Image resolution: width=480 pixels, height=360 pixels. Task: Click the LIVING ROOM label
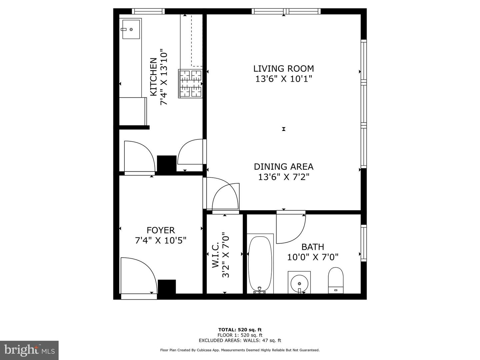click(283, 69)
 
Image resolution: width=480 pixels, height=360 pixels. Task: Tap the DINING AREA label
click(283, 167)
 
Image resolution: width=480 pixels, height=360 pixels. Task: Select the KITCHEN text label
click(153, 77)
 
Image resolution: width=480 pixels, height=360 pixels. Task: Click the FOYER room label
click(161, 230)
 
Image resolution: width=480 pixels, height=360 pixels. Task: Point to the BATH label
click(313, 247)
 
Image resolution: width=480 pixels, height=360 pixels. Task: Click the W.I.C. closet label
click(215, 255)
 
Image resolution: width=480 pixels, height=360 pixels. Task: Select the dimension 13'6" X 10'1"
click(284, 79)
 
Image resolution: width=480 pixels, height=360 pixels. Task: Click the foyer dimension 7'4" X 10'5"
click(161, 240)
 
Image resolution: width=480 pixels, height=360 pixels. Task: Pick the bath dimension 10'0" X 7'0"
click(313, 257)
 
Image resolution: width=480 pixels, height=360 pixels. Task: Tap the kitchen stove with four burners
click(190, 84)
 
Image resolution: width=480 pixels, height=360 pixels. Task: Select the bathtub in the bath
click(260, 263)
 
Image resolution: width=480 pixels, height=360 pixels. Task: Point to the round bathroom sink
click(299, 283)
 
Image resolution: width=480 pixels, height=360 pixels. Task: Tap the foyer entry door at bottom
click(138, 277)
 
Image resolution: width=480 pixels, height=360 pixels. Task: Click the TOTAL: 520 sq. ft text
click(240, 330)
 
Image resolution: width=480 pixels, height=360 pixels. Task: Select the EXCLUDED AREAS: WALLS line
click(240, 340)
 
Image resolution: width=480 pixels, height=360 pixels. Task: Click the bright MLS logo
click(29, 350)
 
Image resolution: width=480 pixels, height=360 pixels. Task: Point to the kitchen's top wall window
click(148, 11)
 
